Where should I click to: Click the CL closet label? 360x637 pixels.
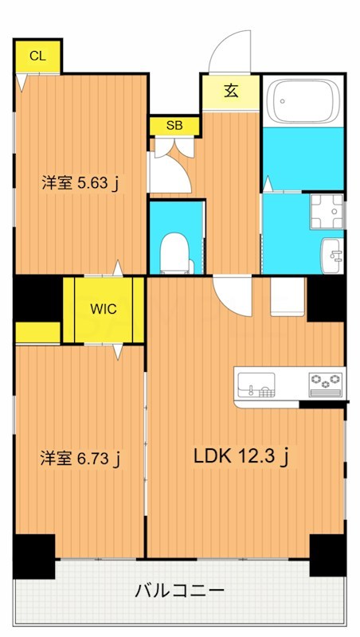tap(37, 56)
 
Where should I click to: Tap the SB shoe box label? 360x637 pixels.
tap(172, 126)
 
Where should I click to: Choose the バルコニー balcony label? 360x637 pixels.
tap(179, 591)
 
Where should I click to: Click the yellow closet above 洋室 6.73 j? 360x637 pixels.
tap(37, 333)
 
